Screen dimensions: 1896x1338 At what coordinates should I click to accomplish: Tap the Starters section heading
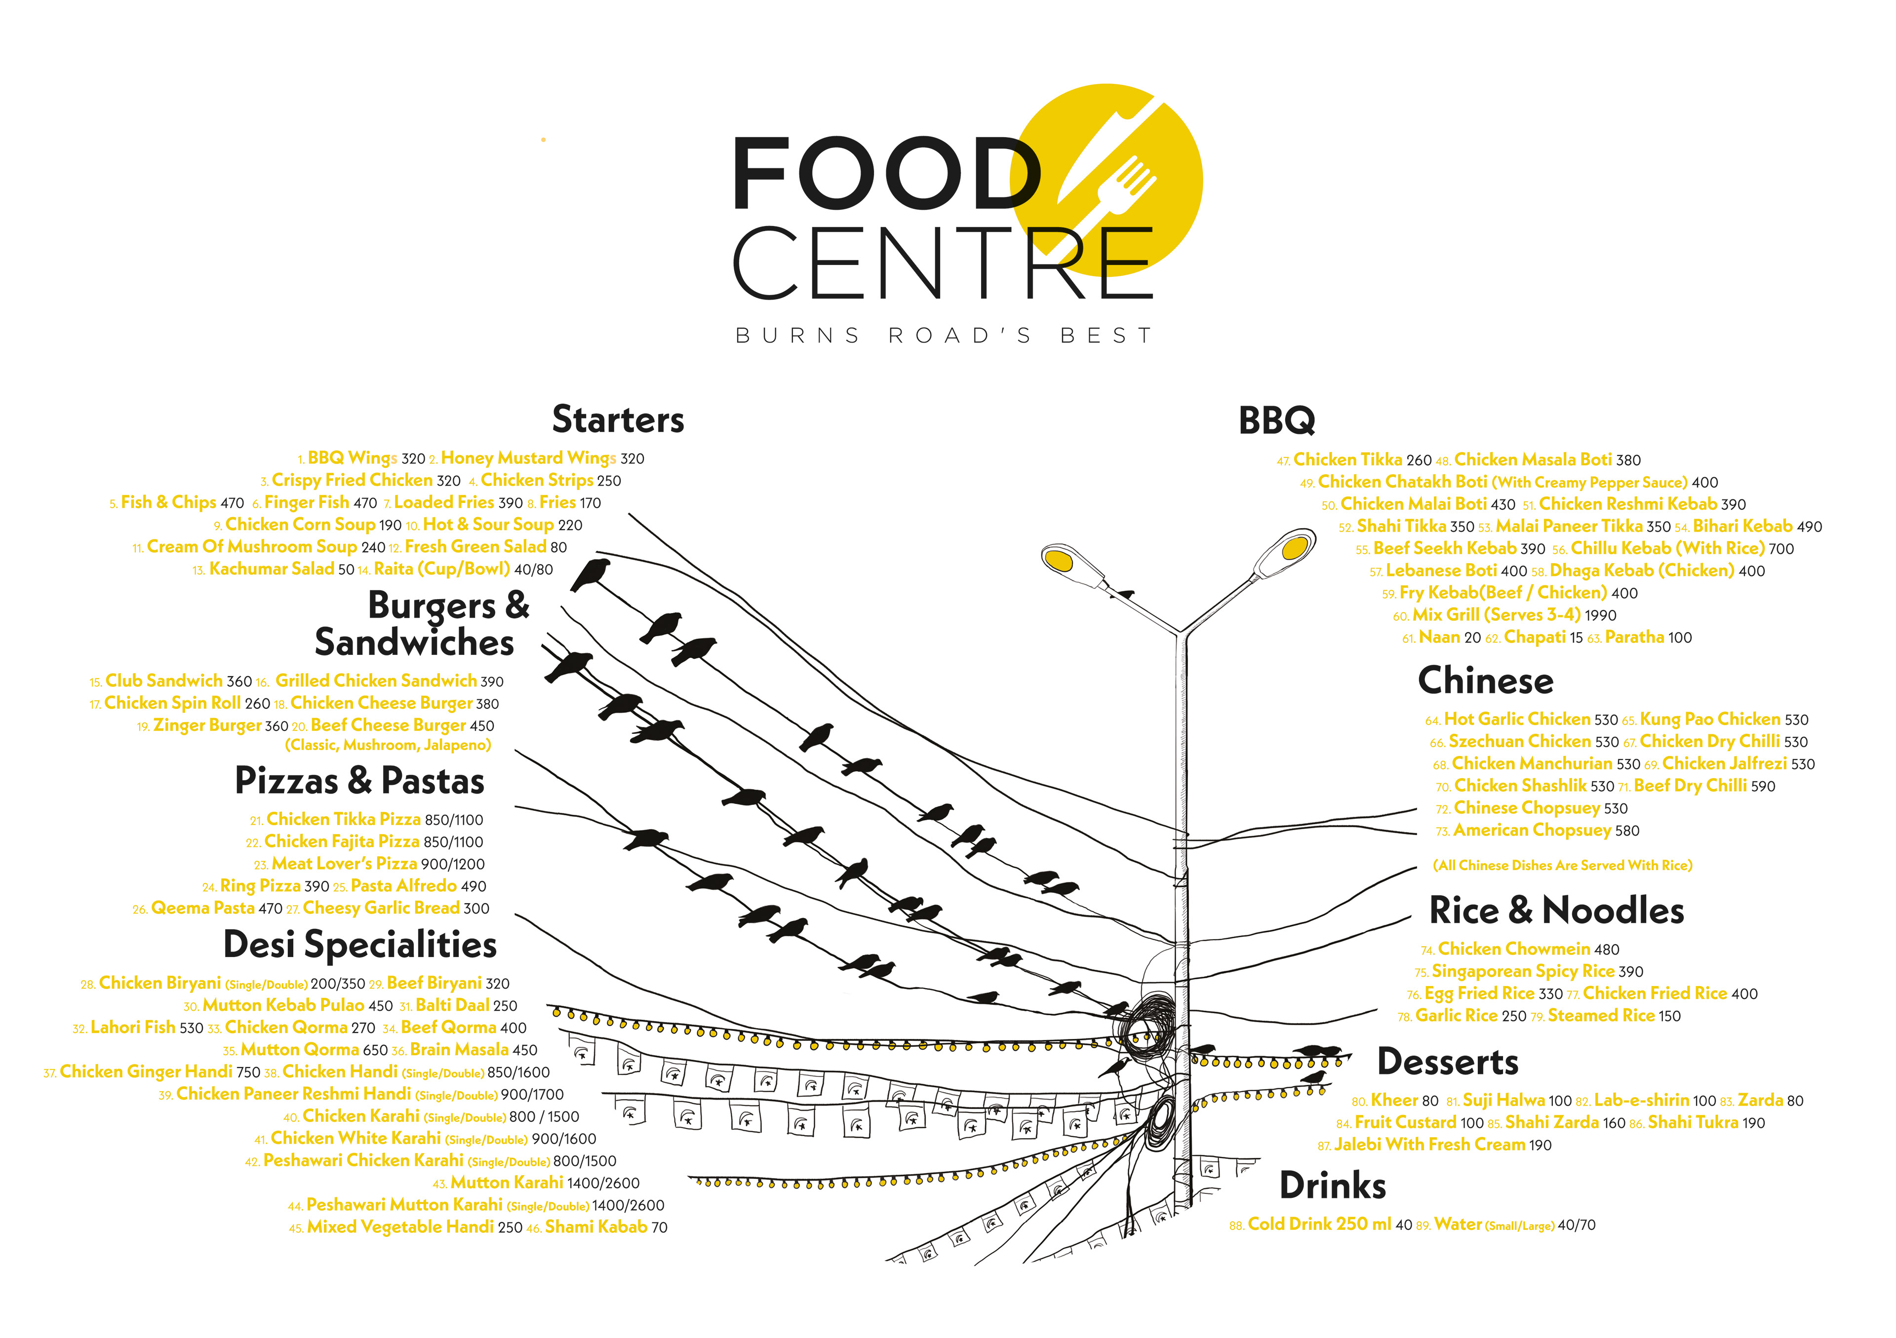(618, 420)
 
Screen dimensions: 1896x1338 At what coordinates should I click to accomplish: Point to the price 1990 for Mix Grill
(1600, 616)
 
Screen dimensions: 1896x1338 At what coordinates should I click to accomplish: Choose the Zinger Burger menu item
(207, 726)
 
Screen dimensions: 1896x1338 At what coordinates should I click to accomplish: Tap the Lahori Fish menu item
(132, 1028)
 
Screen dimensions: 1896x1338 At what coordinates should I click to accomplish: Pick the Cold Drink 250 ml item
(1319, 1224)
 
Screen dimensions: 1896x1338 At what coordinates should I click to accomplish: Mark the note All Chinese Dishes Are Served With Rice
(1562, 865)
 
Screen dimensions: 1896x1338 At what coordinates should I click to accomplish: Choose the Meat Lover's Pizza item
(344, 863)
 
